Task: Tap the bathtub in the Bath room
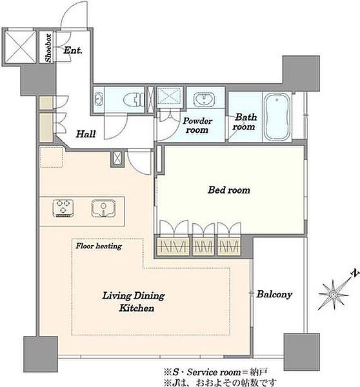pos(277,117)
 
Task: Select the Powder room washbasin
pos(205,99)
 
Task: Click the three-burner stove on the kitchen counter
pos(63,208)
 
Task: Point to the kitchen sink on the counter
pos(103,208)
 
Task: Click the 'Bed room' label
pos(228,190)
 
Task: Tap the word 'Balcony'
pos(274,294)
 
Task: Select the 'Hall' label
pos(86,134)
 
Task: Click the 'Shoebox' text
pos(48,48)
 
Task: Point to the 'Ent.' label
pos(73,50)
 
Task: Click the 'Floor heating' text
pos(99,246)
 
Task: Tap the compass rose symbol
pos(334,295)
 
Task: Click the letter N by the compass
pos(355,273)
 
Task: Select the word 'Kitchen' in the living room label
pos(137,308)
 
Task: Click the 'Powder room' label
pos(197,125)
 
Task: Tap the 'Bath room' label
pos(245,122)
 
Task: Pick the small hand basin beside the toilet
pos(99,99)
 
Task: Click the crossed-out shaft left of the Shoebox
pos(20,46)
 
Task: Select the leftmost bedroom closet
pos(174,246)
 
